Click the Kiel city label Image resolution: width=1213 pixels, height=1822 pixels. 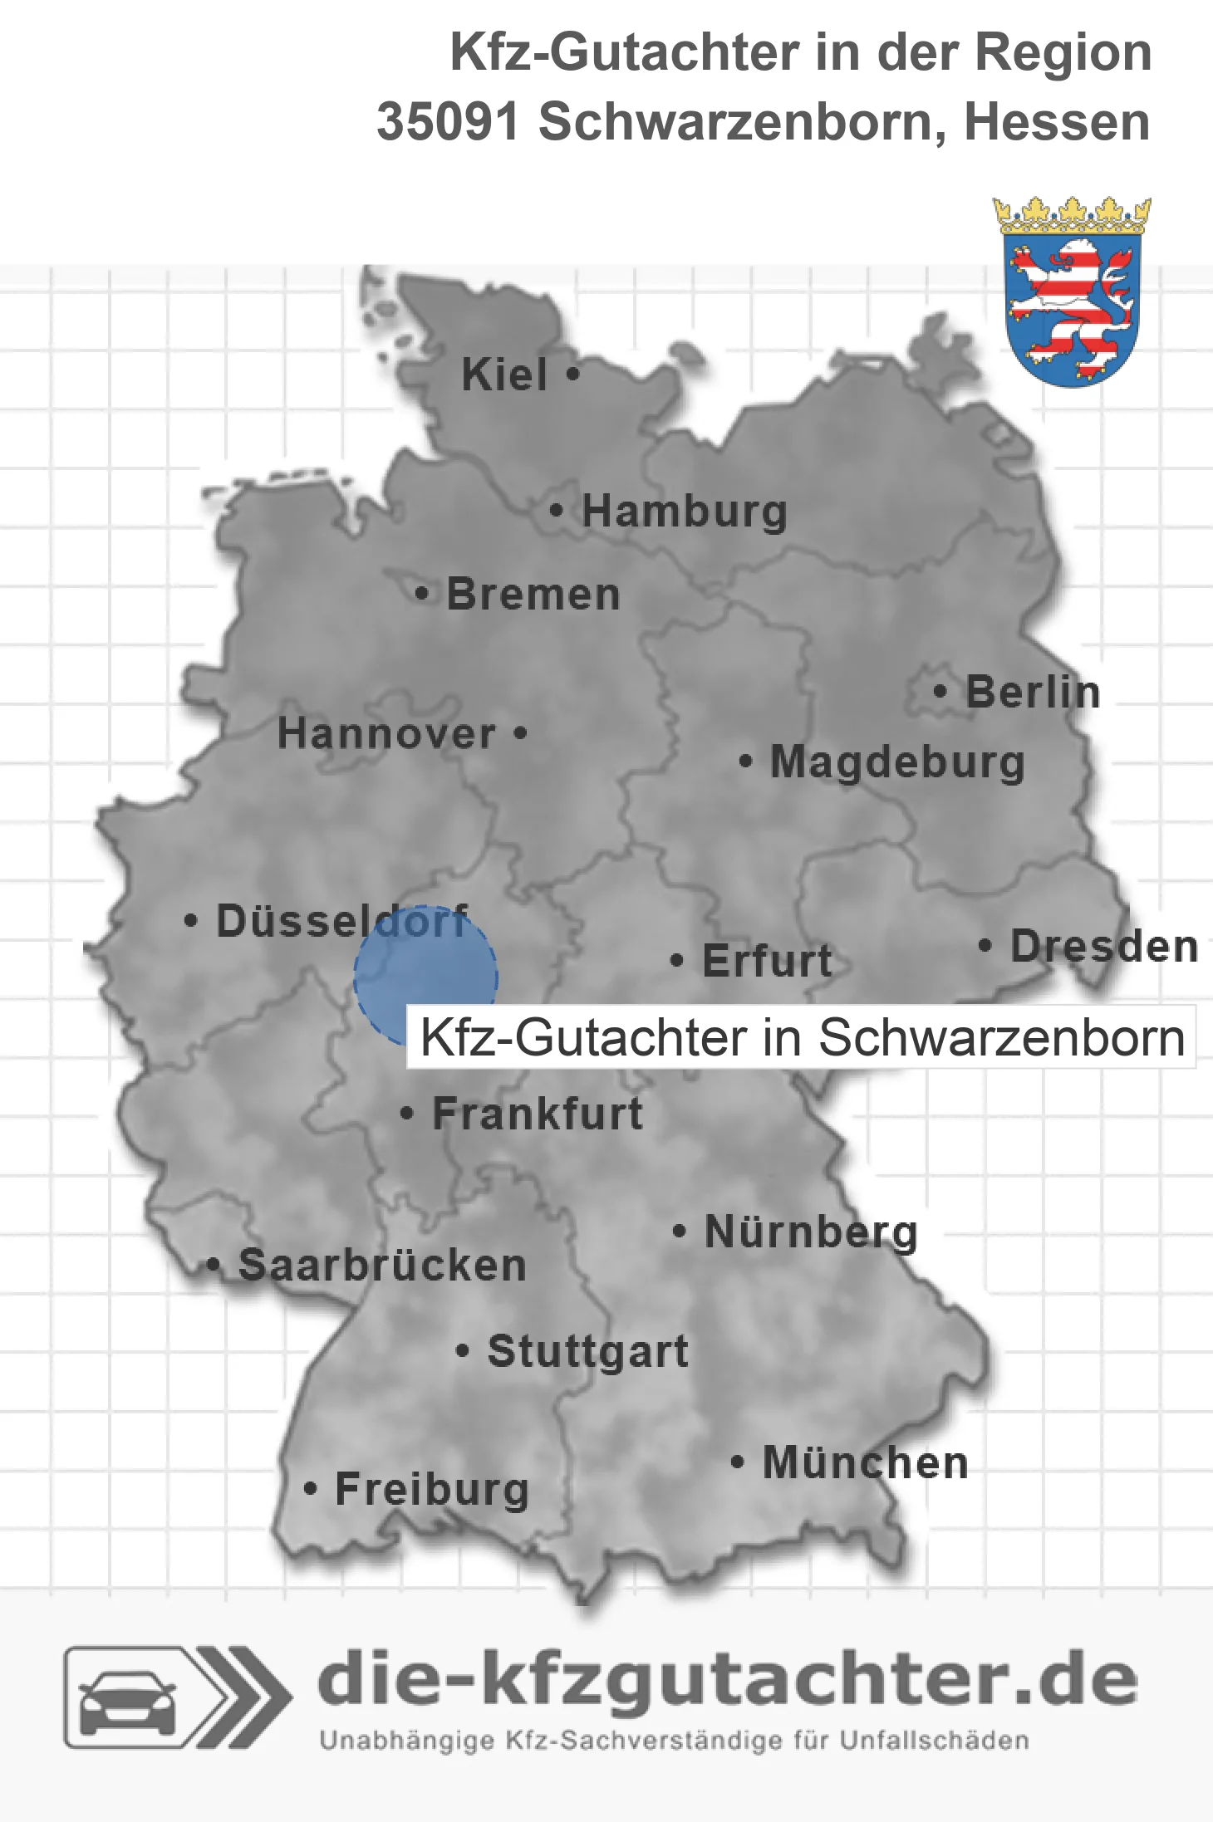[x=504, y=375]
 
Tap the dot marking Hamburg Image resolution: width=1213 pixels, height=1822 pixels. [x=557, y=511]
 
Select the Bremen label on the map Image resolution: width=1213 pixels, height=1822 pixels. [x=533, y=595]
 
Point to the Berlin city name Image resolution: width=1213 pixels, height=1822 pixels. [x=1033, y=692]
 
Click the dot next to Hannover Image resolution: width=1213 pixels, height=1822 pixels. [x=520, y=733]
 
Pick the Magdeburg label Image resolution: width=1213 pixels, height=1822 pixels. [x=897, y=762]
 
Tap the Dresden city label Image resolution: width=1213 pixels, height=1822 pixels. [x=1104, y=947]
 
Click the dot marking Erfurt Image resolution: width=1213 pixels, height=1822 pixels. [x=677, y=961]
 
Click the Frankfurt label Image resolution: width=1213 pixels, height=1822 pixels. [x=538, y=1114]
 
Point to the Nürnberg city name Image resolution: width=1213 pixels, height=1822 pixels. [x=811, y=1232]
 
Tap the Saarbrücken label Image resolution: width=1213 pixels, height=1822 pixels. [x=382, y=1266]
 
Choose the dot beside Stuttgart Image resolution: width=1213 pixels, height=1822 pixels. [x=463, y=1351]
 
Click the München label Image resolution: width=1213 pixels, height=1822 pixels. [x=866, y=1462]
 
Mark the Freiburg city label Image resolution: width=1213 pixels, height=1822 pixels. [x=432, y=1489]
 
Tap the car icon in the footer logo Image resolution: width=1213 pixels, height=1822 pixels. [x=127, y=1697]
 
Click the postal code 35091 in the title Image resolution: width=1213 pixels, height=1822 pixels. [x=448, y=122]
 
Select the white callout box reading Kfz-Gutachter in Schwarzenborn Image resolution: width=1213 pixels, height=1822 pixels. [x=801, y=1038]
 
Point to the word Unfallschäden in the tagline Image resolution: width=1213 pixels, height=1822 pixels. [x=934, y=1741]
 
